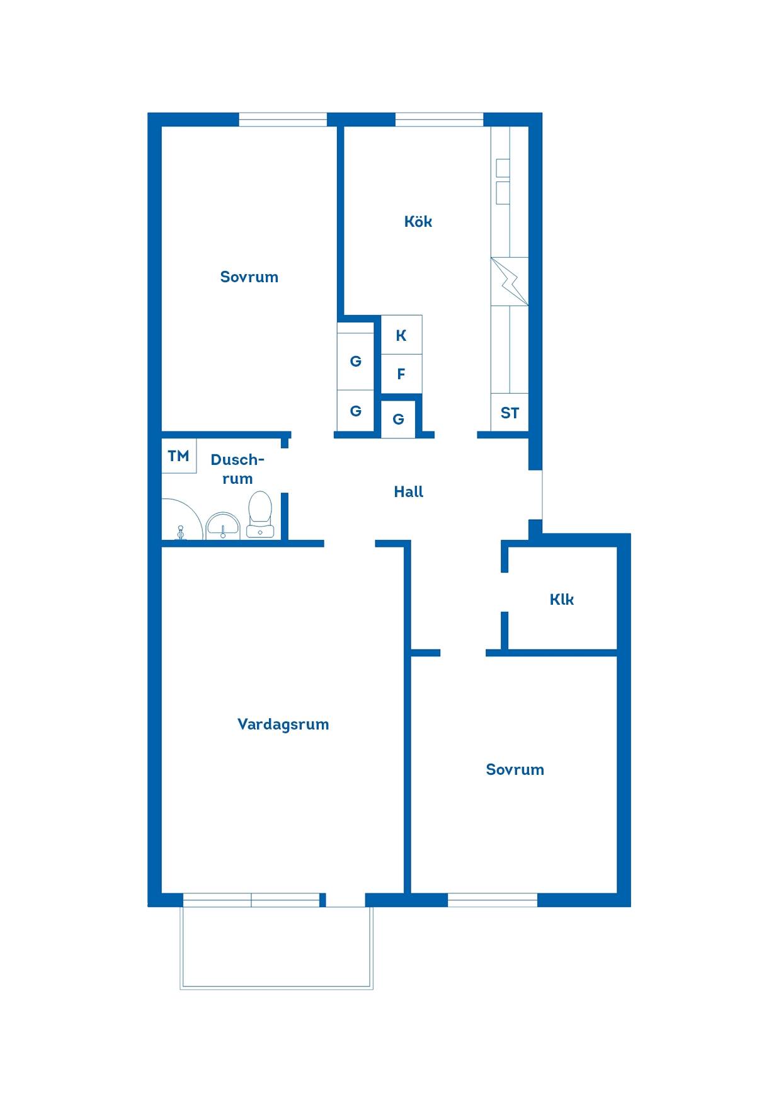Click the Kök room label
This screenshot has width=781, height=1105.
418,222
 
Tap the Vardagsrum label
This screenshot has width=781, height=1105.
283,724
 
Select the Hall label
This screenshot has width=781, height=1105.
409,492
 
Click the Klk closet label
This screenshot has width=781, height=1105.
562,600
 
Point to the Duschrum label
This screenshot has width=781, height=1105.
237,469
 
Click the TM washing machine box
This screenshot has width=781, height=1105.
179,455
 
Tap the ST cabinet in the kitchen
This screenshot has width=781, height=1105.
510,413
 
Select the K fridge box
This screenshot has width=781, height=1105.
402,335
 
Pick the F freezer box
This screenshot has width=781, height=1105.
402,374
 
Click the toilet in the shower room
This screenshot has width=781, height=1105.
260,514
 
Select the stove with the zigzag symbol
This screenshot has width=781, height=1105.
510,281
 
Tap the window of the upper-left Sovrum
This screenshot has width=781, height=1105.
283,120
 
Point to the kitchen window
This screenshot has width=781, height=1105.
439,120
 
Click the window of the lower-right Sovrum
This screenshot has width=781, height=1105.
493,900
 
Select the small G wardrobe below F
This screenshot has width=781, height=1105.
399,419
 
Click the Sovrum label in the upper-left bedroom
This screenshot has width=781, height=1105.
249,277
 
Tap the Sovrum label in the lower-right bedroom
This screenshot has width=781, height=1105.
515,770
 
